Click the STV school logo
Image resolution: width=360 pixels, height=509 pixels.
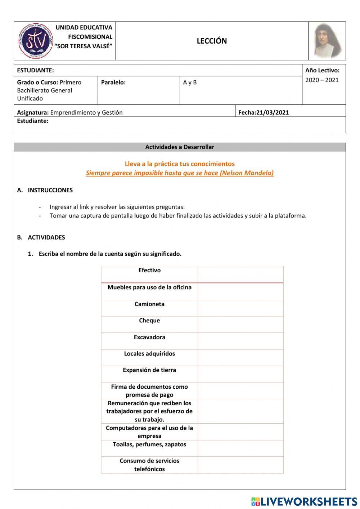pos(35,41)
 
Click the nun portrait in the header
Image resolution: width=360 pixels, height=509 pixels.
pos(327,41)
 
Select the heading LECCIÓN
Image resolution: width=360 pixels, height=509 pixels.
pos(212,41)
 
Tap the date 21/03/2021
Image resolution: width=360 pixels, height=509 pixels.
pos(273,112)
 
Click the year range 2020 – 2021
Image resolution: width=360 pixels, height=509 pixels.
pos(322,80)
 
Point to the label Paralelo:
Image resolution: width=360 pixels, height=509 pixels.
pos(113,82)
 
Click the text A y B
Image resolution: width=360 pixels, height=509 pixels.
pos(190,82)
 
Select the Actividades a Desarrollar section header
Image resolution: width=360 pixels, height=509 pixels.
pos(180,147)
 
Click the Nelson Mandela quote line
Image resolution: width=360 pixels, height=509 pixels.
pos(180,173)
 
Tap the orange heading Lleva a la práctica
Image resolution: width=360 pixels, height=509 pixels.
pos(180,164)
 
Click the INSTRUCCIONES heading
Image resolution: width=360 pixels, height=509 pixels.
pos(50,190)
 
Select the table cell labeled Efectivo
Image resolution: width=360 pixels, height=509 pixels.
pos(149,271)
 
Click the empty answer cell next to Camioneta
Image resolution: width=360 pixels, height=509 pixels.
pos(240,308)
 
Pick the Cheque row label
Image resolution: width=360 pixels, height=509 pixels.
pos(149,321)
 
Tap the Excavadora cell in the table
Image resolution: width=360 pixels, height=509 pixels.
pos(149,338)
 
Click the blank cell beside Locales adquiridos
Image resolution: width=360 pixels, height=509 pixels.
pos(240,358)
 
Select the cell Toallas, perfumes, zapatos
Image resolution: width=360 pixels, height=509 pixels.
pos(149,445)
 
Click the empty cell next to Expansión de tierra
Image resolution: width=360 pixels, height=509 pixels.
pos(240,374)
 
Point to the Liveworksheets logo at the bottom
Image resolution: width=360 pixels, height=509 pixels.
pos(304,501)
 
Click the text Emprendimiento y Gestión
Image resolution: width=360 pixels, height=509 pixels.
pos(86,112)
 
